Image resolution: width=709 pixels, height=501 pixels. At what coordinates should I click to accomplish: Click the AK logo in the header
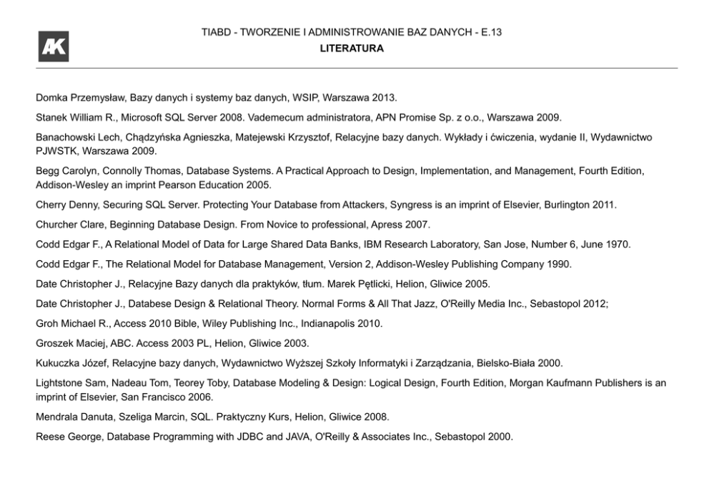54,46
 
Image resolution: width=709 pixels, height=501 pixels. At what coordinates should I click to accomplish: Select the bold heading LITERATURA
351,49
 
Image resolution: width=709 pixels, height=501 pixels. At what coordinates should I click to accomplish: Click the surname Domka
51,96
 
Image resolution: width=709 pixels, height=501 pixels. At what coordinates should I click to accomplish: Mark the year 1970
617,244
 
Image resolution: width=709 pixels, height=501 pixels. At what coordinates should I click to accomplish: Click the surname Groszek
54,343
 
